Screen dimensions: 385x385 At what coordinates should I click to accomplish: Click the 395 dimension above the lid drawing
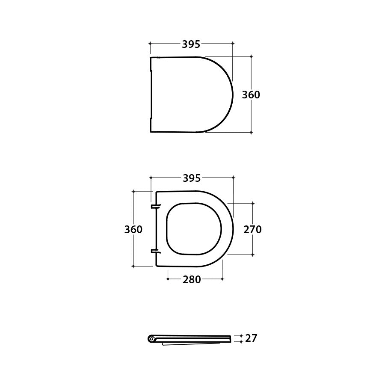(x=191, y=44)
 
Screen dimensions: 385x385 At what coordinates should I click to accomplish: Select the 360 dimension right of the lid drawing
(x=251, y=95)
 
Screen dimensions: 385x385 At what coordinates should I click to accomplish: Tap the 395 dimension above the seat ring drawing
(x=192, y=178)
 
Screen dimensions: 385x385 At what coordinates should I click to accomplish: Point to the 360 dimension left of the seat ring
(x=133, y=229)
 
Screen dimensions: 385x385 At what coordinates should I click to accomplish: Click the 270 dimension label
(x=252, y=229)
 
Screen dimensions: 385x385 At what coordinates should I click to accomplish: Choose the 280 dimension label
(x=192, y=279)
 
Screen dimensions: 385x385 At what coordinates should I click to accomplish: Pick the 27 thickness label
(x=252, y=338)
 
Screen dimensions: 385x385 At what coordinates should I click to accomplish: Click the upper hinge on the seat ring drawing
(x=156, y=207)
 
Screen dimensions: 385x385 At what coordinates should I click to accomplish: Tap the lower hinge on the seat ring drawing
(x=156, y=251)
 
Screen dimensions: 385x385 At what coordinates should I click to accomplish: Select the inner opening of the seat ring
(x=194, y=228)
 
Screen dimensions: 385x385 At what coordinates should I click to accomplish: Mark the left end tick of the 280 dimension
(x=168, y=279)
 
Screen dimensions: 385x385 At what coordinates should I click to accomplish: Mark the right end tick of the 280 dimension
(x=223, y=279)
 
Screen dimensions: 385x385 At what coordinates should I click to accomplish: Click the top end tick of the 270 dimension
(x=252, y=203)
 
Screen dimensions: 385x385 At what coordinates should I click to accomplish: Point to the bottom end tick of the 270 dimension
(x=252, y=255)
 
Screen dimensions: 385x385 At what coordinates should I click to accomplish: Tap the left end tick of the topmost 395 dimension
(x=151, y=43)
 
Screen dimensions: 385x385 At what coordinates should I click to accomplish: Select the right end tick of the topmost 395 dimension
(x=233, y=43)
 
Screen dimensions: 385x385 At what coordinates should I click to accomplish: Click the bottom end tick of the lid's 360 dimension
(x=251, y=133)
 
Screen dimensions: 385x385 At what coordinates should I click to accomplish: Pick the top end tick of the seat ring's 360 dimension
(x=133, y=192)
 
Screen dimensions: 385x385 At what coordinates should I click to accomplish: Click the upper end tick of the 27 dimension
(x=241, y=336)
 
